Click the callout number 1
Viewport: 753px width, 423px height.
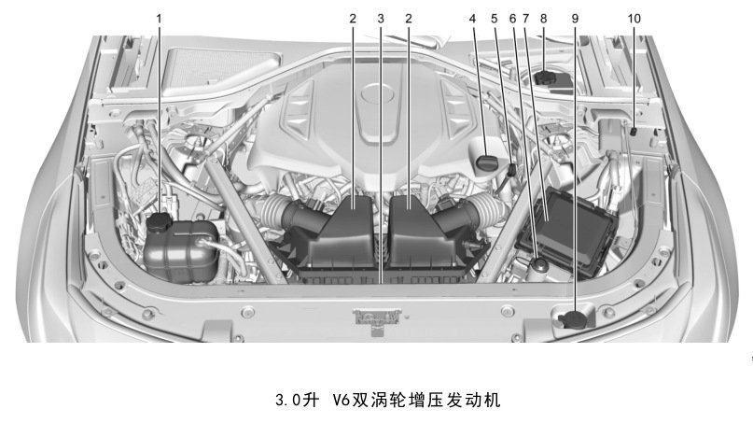(x=159, y=19)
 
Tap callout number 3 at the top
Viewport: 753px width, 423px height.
(x=381, y=19)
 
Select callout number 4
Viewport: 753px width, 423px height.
(x=472, y=19)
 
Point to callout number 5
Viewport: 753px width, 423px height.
(x=495, y=19)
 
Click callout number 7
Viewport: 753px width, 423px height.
(x=526, y=19)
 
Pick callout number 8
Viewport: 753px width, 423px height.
(x=544, y=19)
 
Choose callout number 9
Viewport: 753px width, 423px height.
(x=576, y=19)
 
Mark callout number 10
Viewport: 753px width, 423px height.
(x=634, y=19)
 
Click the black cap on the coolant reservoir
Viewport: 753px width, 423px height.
(x=160, y=221)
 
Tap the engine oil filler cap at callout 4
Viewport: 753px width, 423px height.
(x=487, y=161)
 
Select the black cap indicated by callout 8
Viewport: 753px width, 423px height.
(x=545, y=78)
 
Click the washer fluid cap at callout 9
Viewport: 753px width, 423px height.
(x=575, y=319)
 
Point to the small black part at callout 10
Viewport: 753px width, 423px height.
(x=634, y=131)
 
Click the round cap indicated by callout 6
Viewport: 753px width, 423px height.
(x=540, y=264)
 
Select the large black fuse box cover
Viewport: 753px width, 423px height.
(x=567, y=232)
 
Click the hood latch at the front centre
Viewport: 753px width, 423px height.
(x=377, y=318)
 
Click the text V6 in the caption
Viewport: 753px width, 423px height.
(x=340, y=400)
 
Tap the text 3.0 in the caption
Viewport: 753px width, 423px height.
(x=287, y=400)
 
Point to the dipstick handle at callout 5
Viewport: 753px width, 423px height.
(x=512, y=169)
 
